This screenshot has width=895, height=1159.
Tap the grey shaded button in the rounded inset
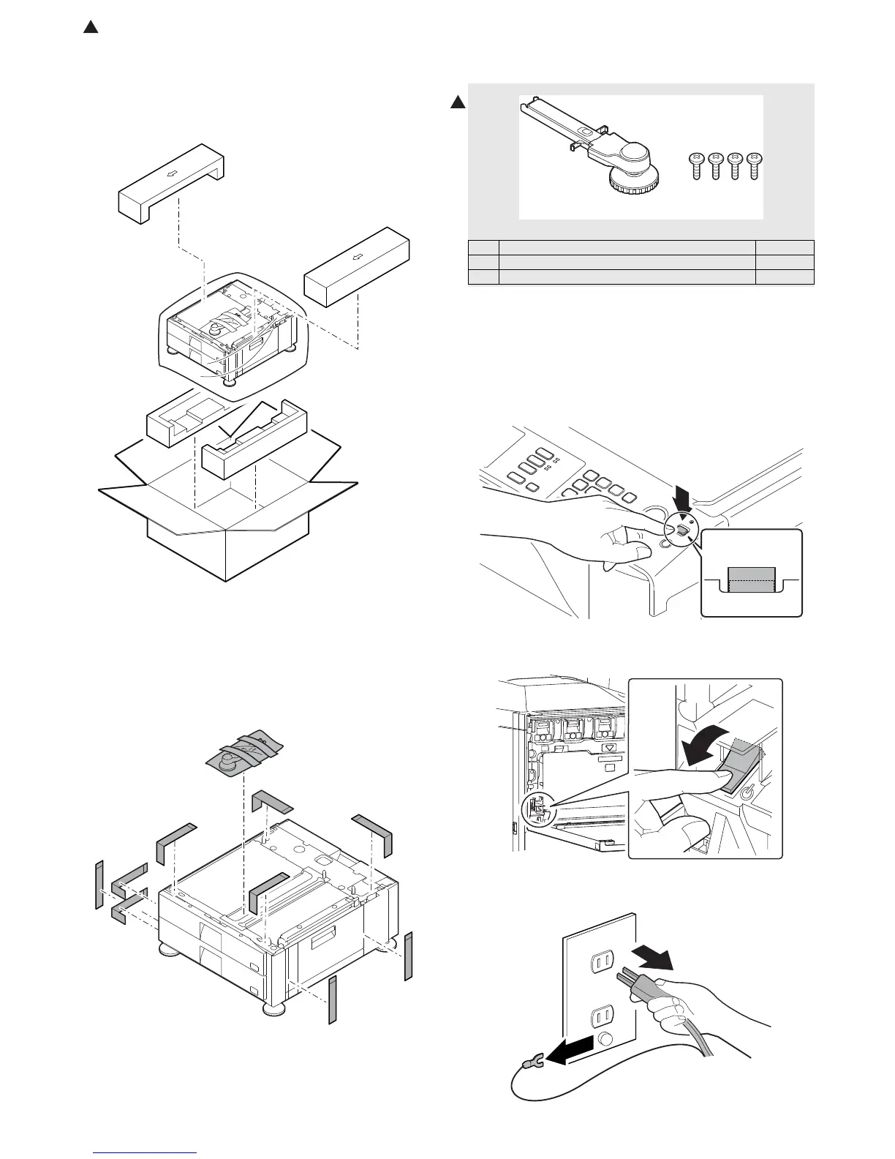coord(751,578)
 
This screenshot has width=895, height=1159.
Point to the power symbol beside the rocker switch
coord(745,792)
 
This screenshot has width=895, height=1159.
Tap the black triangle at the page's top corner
coord(90,28)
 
